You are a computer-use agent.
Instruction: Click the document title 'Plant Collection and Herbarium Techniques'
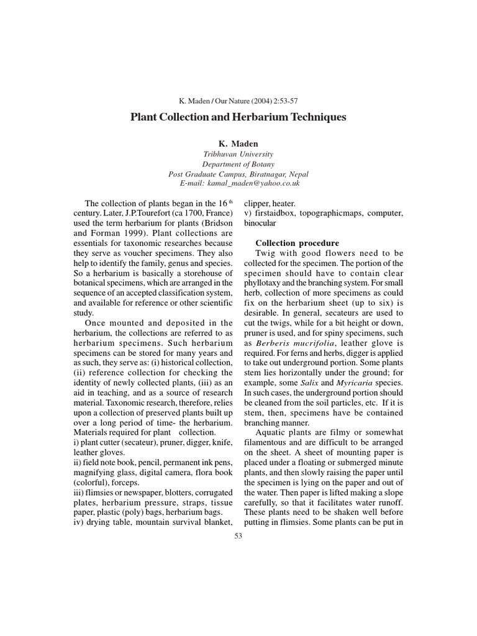point(238,117)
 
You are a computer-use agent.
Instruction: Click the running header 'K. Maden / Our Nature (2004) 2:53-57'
point(238,100)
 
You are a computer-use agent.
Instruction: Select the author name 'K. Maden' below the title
point(238,143)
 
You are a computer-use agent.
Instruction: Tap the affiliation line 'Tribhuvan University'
point(238,154)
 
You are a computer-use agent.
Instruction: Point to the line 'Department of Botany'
point(238,165)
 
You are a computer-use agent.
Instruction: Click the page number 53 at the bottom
point(238,536)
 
